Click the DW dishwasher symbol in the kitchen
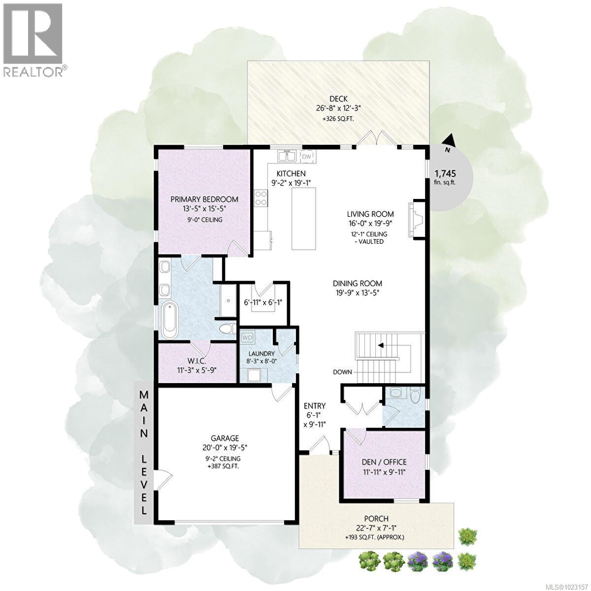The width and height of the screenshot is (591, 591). (306, 157)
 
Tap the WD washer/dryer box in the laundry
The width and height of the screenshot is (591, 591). (247, 337)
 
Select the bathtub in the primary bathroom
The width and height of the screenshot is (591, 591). (168, 320)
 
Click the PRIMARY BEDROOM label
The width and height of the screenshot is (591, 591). (204, 199)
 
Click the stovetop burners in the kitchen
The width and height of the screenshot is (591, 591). (261, 198)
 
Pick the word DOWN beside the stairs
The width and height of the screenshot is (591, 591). (342, 372)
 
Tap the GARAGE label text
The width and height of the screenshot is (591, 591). (225, 438)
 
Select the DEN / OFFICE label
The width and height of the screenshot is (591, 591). (384, 462)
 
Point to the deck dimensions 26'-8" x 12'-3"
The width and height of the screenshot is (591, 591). (339, 108)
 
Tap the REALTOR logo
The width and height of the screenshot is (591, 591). (33, 39)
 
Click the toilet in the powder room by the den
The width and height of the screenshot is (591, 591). (415, 394)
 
